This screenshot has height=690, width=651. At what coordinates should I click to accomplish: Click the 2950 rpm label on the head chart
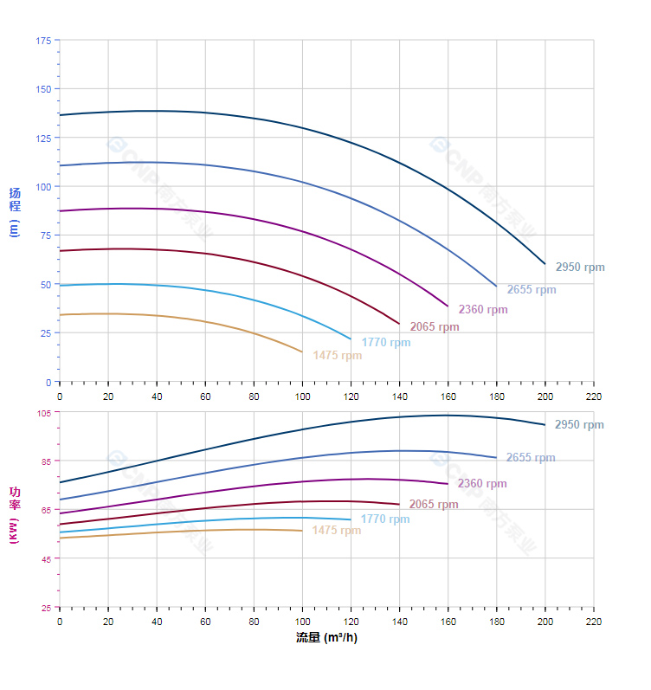click(580, 268)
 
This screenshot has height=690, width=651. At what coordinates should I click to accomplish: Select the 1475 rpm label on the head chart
click(337, 355)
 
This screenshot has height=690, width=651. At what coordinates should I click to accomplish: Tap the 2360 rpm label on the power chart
click(482, 484)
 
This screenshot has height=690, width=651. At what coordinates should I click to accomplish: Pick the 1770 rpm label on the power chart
click(385, 519)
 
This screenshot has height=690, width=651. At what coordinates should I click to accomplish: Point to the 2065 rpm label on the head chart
click(435, 327)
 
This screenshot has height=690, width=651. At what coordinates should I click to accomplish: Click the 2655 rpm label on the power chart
click(531, 458)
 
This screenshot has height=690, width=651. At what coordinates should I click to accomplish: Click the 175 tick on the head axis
click(43, 41)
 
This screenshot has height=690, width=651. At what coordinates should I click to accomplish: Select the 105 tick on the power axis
click(43, 413)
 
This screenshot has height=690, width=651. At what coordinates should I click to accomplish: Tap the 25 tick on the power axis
click(45, 608)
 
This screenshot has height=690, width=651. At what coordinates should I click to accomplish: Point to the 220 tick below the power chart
click(594, 622)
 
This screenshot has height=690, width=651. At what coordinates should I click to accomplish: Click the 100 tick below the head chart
click(302, 396)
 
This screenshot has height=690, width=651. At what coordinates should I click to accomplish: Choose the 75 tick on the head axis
click(45, 235)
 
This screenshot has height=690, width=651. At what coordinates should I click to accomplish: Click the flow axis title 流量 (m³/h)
click(326, 638)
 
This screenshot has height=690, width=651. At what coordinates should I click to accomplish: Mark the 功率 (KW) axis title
click(14, 514)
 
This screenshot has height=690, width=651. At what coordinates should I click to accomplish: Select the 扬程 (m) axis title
click(14, 211)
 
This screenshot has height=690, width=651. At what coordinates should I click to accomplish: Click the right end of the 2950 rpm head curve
click(545, 263)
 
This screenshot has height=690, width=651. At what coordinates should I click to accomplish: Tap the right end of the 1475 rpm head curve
click(302, 351)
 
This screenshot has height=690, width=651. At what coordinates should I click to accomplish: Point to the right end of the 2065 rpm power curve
click(399, 504)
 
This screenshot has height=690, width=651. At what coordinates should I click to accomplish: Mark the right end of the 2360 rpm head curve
click(448, 306)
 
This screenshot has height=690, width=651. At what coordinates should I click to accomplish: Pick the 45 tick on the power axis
click(45, 559)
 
